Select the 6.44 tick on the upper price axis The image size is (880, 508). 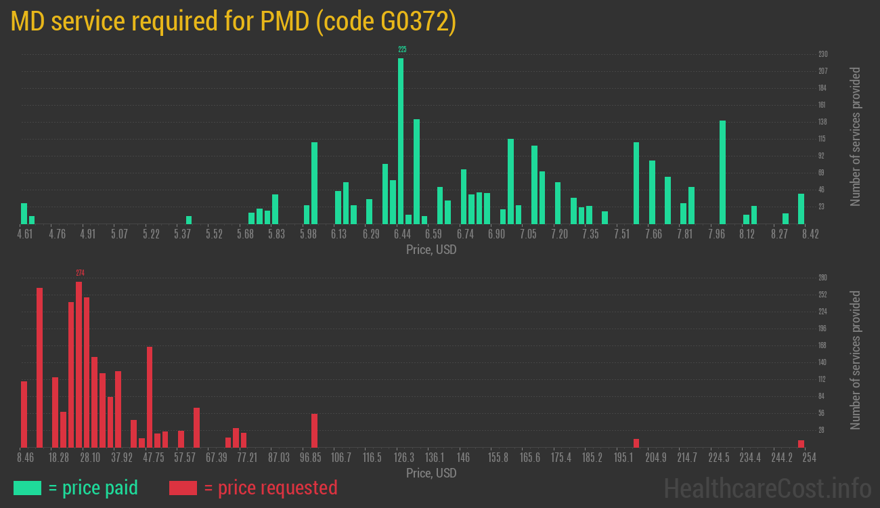click(402, 234)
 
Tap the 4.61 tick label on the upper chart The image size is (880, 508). click(24, 234)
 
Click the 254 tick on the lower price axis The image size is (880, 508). click(809, 458)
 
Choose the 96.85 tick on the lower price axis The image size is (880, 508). click(310, 458)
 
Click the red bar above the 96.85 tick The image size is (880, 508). click(314, 430)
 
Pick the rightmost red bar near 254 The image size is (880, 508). click(801, 444)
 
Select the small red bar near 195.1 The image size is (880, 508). click(636, 443)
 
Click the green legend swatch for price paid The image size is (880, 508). click(27, 488)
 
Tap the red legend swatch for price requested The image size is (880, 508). click(183, 488)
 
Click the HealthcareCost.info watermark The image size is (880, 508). click(767, 488)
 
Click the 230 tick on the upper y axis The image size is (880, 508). click(823, 54)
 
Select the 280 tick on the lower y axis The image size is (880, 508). click(823, 278)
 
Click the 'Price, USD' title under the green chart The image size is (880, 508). click(431, 249)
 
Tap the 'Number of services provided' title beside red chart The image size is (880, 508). click(856, 360)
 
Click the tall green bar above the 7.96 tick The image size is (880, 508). click(722, 172)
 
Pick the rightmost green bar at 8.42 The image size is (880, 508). click(801, 209)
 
